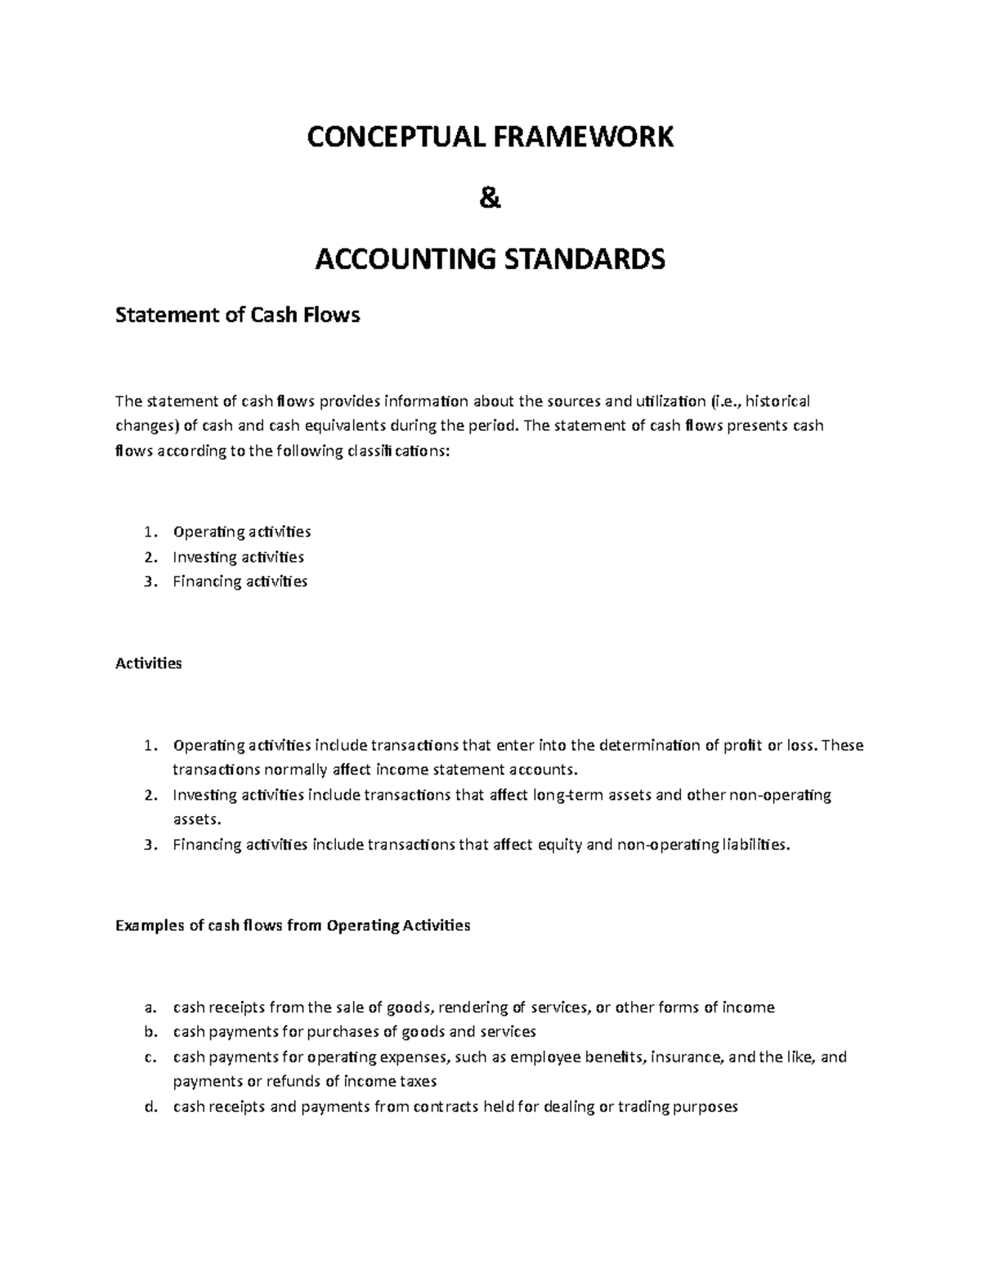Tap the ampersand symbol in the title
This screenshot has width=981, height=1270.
coord(490,199)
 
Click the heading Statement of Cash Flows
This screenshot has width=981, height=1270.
coord(238,315)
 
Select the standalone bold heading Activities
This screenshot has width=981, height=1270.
coord(149,663)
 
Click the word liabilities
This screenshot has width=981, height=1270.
coord(751,845)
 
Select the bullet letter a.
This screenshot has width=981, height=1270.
coord(148,1007)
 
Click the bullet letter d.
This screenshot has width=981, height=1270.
coord(149,1106)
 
